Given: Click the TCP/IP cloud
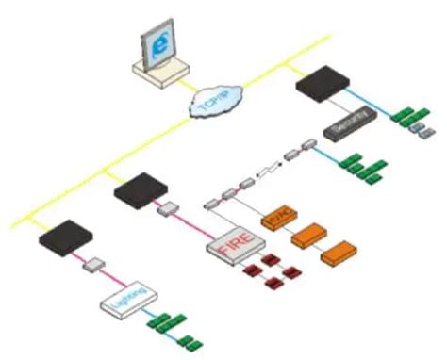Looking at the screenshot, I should click(x=216, y=101).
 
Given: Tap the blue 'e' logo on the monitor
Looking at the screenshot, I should click(x=157, y=44).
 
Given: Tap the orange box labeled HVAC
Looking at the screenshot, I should click(x=280, y=216).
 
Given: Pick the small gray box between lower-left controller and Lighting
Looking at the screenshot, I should click(x=95, y=266).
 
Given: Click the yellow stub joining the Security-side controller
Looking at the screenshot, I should click(x=290, y=74).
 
